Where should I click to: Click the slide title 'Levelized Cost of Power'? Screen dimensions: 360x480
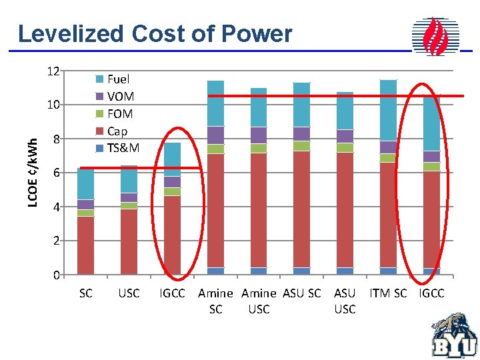click(x=155, y=33)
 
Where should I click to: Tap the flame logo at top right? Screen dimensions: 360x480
click(x=436, y=37)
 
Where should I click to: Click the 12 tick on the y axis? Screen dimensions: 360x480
click(x=53, y=71)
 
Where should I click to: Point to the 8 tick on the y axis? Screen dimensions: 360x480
click(x=57, y=139)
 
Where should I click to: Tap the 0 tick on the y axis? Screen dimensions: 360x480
click(x=57, y=275)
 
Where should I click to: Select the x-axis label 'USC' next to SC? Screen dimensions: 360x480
click(x=129, y=293)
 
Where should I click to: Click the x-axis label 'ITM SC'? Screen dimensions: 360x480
click(x=388, y=293)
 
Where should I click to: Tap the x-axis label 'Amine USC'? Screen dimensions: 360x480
click(x=259, y=301)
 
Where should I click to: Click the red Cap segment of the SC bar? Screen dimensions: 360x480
click(x=85, y=245)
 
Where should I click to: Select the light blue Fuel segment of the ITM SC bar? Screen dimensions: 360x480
click(x=388, y=110)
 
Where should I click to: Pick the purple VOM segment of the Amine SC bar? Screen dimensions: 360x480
click(x=215, y=135)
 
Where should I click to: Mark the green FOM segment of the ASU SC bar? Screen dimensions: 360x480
click(x=301, y=145)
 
